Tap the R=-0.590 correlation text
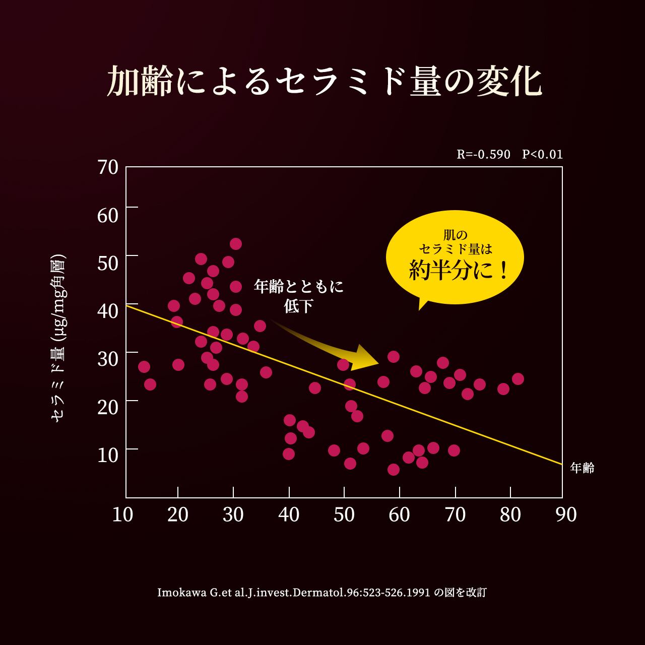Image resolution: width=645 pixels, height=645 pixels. [x=483, y=154]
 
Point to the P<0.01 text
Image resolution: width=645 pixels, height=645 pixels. [x=542, y=154]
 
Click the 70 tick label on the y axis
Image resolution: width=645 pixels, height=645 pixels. [x=108, y=167]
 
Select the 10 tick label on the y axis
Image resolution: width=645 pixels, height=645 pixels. [x=108, y=455]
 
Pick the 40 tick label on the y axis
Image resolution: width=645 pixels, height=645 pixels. [x=108, y=311]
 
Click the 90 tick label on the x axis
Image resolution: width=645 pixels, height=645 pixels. [x=565, y=514]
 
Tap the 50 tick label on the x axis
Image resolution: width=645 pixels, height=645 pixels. [x=344, y=514]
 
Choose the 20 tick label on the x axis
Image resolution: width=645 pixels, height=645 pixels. [x=177, y=514]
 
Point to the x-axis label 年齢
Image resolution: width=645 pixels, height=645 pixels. [x=582, y=468]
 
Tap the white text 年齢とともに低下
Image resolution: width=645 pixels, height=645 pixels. [x=299, y=296]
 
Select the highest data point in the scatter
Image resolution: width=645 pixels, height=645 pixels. [x=236, y=244]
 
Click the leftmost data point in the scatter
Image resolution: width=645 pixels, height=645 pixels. [x=144, y=367]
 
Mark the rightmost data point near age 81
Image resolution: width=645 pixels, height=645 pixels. [x=518, y=379]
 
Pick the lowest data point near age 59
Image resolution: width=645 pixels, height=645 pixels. [x=394, y=470]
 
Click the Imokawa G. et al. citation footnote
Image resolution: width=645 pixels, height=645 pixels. [x=322, y=592]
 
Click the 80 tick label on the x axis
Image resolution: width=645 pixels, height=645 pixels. [x=510, y=514]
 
